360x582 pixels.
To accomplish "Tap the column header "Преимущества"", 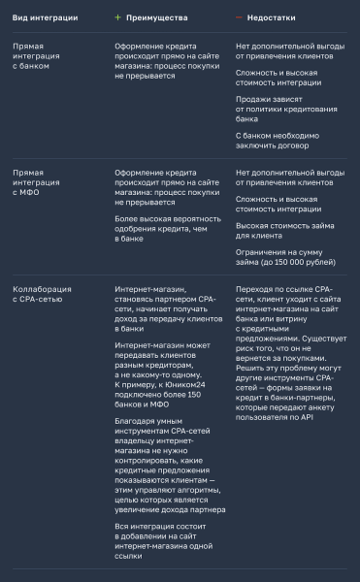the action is pos(163,16).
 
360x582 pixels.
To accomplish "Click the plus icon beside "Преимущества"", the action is pos(118,16).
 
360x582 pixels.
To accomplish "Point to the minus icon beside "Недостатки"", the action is pos(239,16).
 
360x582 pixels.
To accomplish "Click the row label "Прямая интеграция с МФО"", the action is pos(35,182).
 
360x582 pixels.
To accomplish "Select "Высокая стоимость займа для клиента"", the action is pos(286,229).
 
